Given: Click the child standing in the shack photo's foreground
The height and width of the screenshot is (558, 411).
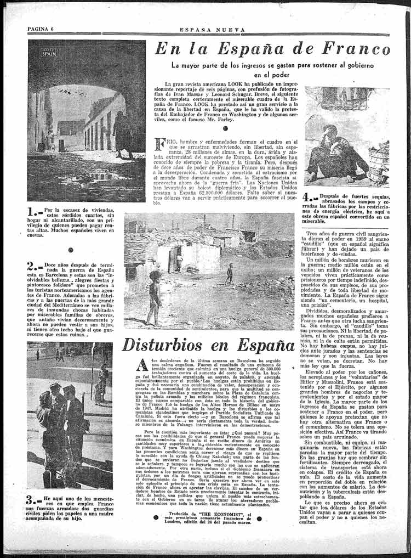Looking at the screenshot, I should [155, 297].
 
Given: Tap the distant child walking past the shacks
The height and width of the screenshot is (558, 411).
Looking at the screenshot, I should [230, 274].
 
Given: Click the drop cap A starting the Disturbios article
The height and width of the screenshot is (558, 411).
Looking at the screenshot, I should [142, 365].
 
